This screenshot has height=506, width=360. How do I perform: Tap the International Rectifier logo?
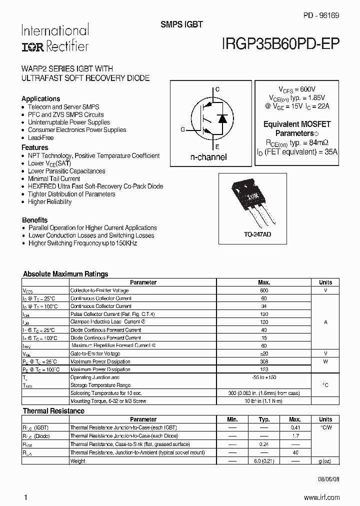[x=54, y=38]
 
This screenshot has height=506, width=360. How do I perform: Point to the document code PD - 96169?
[x=320, y=15]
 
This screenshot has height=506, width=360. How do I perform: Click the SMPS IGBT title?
[x=181, y=24]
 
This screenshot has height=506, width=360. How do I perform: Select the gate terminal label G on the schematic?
[x=182, y=129]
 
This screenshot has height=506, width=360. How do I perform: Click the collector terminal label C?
[x=217, y=89]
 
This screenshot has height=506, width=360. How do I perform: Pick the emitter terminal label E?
[x=217, y=146]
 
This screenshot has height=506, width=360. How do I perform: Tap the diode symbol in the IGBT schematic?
[x=223, y=119]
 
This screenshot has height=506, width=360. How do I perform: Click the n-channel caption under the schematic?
[x=208, y=157]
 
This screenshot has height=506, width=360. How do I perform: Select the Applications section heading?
[x=41, y=98]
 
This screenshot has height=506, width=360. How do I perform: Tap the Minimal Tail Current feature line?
[x=54, y=178]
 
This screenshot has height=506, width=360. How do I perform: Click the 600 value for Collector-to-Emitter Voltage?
[x=264, y=290]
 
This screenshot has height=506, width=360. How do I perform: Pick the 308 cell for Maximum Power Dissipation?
[x=264, y=361]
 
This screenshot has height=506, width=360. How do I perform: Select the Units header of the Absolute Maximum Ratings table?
[x=325, y=282]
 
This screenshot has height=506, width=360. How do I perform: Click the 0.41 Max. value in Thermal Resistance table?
[x=295, y=427]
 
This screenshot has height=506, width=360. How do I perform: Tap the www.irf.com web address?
[x=321, y=497]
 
